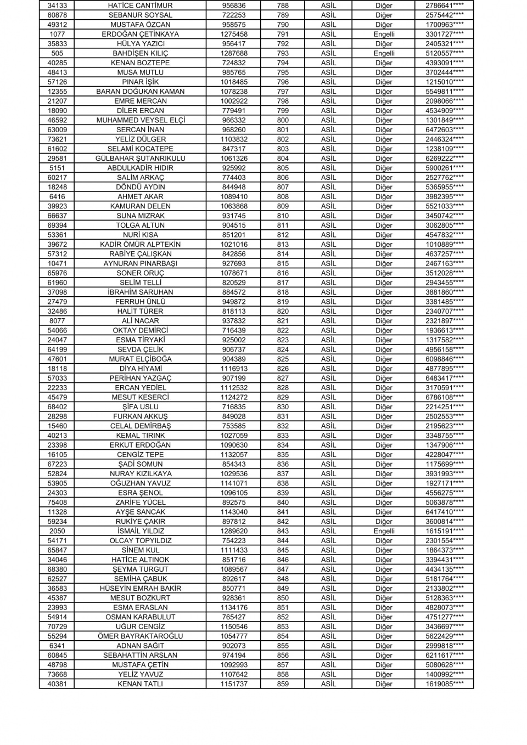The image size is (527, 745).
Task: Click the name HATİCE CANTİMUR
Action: coord(140,5)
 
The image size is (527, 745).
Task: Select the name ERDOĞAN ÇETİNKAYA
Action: coord(140,34)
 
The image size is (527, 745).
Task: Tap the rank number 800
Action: coord(283,120)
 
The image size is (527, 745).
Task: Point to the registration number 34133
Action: coord(57,5)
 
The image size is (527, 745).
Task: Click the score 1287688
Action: coord(234,53)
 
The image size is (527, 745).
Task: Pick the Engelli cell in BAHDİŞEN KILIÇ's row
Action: coord(384,53)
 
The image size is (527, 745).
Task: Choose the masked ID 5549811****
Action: coord(444,92)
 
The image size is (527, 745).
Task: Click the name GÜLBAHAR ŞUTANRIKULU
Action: coord(140,159)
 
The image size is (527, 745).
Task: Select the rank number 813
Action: coord(283,244)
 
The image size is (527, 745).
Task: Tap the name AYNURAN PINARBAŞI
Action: coord(140,263)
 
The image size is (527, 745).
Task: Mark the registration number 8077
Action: coord(57,321)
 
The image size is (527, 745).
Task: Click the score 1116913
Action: coord(234,369)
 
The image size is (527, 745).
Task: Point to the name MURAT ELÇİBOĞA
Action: coord(140,359)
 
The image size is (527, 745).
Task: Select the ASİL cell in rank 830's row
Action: coord(328,407)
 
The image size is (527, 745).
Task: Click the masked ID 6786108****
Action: coord(444,397)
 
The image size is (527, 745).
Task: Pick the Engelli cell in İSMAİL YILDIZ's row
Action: coord(384,531)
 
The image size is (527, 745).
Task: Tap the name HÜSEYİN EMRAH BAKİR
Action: coord(140,588)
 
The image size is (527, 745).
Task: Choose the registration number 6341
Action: coord(57,646)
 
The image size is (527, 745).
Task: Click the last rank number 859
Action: coord(283,684)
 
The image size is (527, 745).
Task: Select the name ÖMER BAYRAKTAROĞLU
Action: coord(140,636)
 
